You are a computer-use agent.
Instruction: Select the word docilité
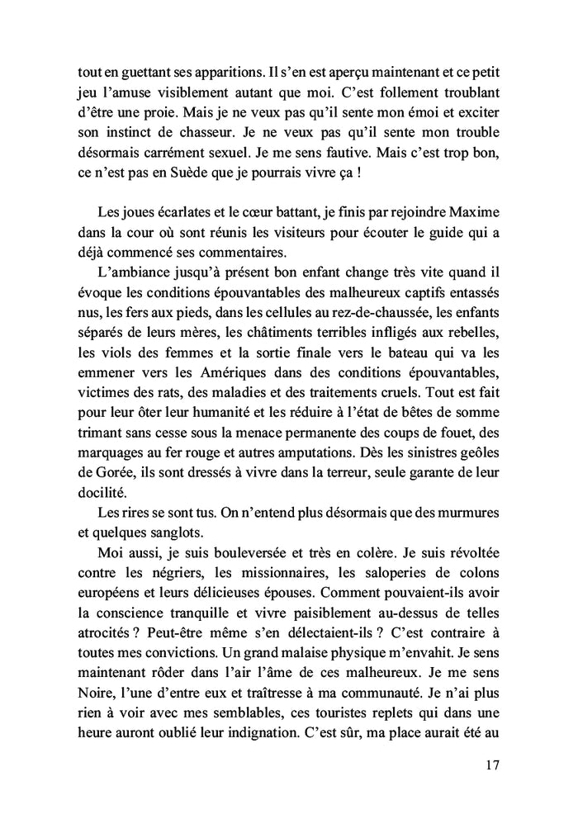(92, 491)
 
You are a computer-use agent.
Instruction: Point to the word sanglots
(171, 531)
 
